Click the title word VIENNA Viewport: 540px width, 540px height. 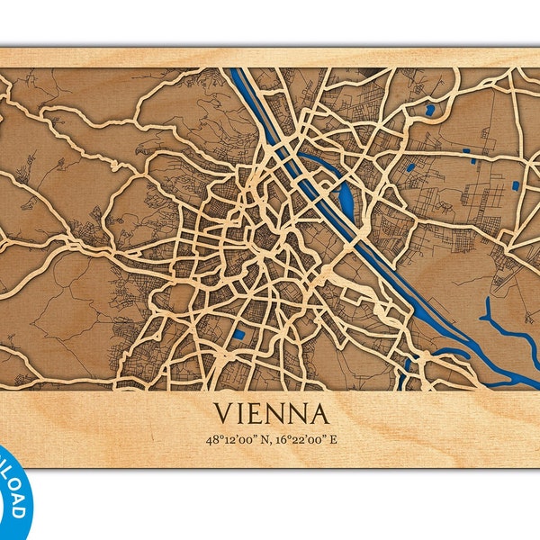(270, 415)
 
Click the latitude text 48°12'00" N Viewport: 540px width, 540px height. (238, 440)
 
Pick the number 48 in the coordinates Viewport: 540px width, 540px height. (211, 440)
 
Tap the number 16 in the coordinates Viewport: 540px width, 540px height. (278, 440)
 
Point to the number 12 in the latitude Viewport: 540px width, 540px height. (227, 440)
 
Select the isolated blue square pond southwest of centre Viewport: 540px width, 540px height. (238, 336)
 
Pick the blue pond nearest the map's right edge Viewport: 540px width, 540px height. (516, 184)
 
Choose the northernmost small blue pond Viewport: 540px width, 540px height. (430, 111)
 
